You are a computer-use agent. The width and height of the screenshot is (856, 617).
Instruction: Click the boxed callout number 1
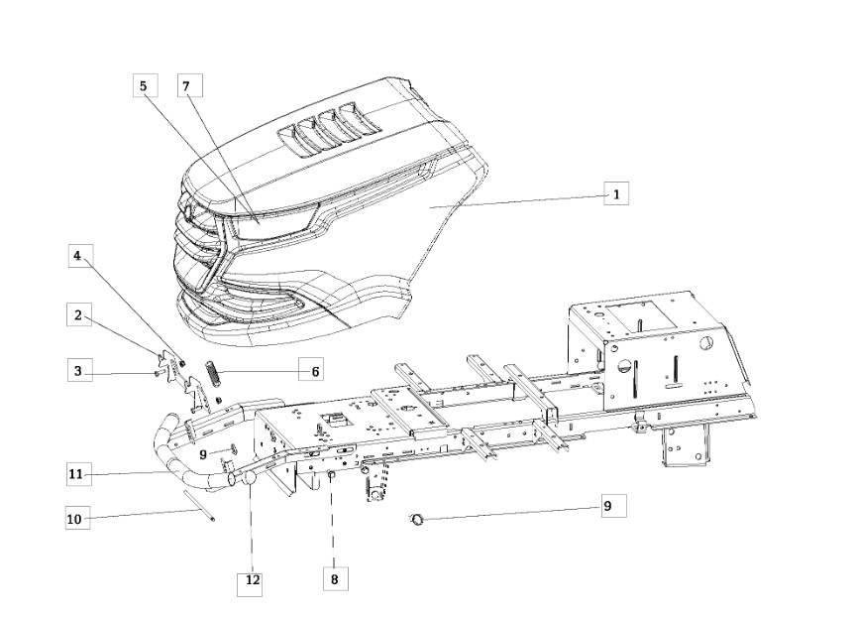[x=616, y=193]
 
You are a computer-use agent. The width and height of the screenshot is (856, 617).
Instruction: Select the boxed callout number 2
[x=78, y=314]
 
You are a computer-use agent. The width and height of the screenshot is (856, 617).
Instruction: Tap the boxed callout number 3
[x=79, y=370]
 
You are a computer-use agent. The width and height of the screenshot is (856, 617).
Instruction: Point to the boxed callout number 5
[x=146, y=85]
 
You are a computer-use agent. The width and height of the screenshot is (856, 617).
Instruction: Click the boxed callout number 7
[x=190, y=85]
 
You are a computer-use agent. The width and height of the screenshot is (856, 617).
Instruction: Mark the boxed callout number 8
[x=335, y=578]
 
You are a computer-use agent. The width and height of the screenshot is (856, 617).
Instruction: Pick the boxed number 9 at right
[x=613, y=506]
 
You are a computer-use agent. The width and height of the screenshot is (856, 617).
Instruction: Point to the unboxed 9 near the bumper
[x=203, y=453]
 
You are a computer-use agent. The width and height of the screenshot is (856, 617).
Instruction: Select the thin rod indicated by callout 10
[x=199, y=505]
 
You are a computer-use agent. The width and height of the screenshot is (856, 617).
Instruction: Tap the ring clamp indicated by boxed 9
[x=418, y=519]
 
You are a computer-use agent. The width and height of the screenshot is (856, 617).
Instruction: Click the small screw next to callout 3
[x=158, y=372]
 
